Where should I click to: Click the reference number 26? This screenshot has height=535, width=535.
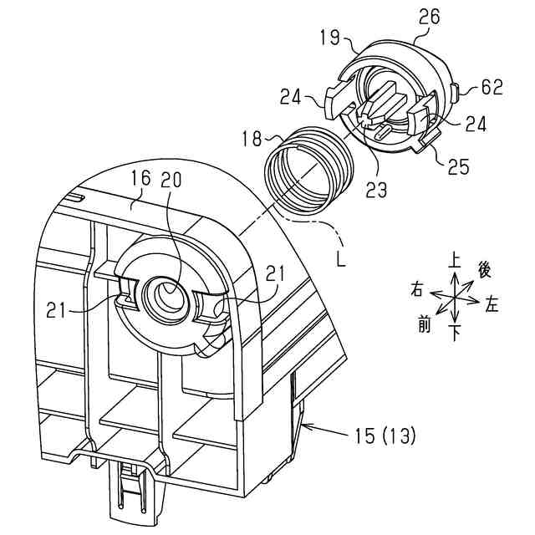pyautogui.click(x=429, y=17)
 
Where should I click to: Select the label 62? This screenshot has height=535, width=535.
pyautogui.click(x=492, y=87)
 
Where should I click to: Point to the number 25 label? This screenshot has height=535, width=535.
pyautogui.click(x=459, y=166)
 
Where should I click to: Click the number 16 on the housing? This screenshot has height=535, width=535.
pyautogui.click(x=140, y=178)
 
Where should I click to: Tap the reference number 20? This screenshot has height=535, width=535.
pyautogui.click(x=171, y=179)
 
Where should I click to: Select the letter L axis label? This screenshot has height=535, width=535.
pyautogui.click(x=341, y=260)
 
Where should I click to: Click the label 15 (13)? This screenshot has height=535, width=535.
pyautogui.click(x=385, y=436)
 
